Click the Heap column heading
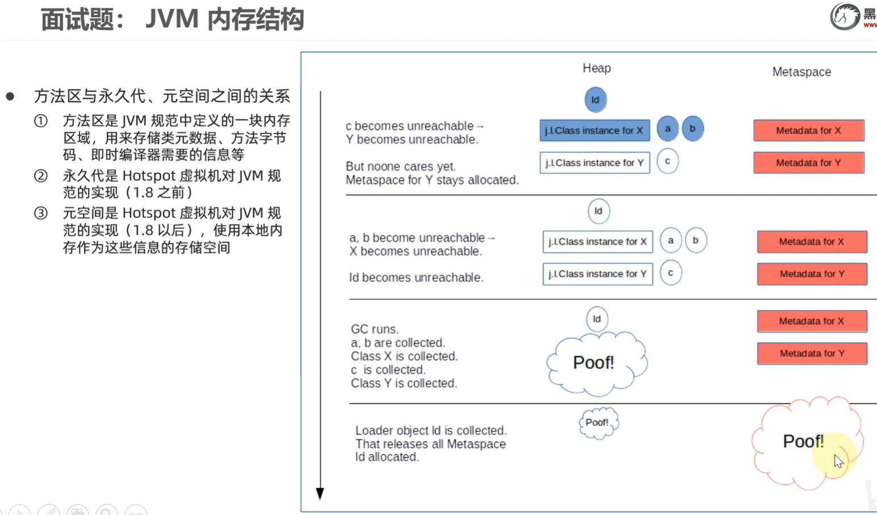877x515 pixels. (x=596, y=68)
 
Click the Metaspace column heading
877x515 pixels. (x=801, y=72)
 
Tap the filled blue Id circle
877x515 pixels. (x=595, y=99)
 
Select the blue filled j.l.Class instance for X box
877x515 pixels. (x=594, y=131)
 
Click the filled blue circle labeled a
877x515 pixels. (x=668, y=128)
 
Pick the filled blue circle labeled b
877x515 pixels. (x=692, y=128)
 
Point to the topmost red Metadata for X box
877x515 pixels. (x=808, y=131)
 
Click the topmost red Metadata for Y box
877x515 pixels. (x=808, y=163)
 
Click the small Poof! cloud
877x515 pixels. (x=598, y=423)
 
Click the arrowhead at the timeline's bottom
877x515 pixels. (x=320, y=493)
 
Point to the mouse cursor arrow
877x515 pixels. (x=838, y=461)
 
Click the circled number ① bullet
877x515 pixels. (x=41, y=121)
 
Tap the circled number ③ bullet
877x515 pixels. (x=41, y=213)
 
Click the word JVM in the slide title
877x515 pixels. (x=172, y=19)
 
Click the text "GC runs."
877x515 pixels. (x=375, y=329)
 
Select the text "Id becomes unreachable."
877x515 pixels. (x=416, y=277)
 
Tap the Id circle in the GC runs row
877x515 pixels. (x=596, y=319)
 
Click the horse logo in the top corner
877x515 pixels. (x=845, y=16)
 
